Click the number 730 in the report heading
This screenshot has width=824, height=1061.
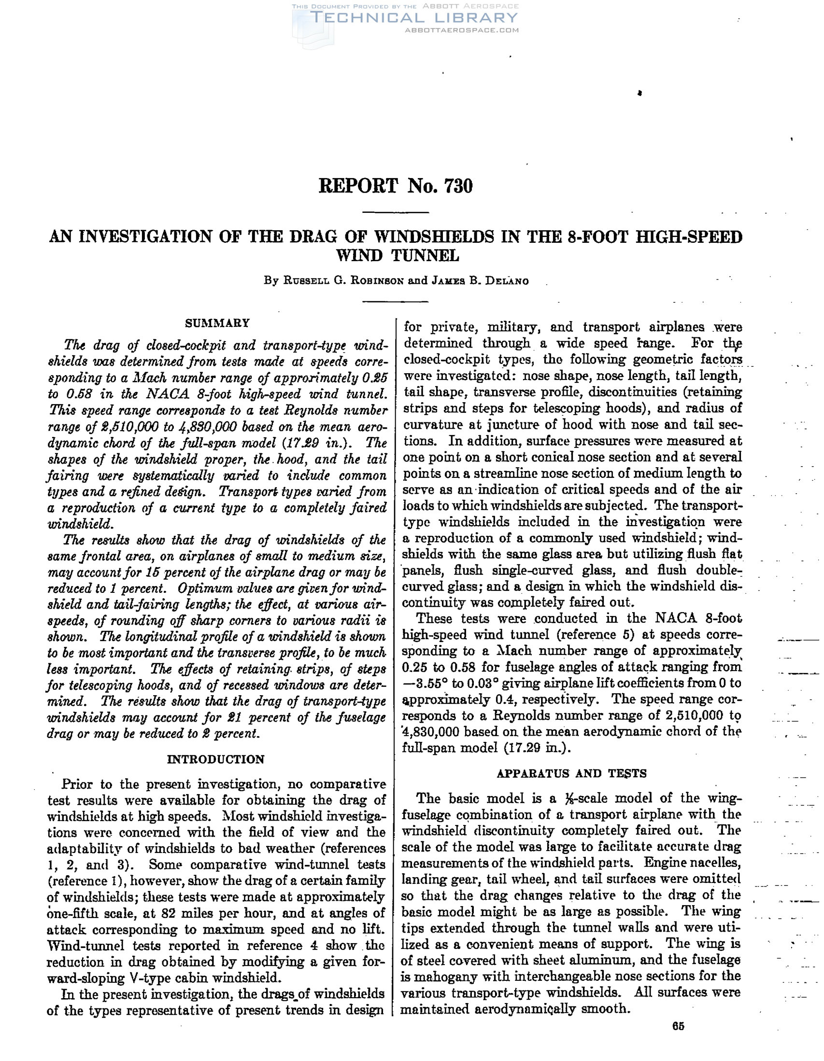[457, 186]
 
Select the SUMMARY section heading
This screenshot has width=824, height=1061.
[217, 323]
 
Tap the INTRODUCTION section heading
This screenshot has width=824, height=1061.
[216, 759]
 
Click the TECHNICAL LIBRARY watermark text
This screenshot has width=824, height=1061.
[414, 18]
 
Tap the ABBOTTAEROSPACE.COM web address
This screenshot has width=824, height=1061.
[461, 30]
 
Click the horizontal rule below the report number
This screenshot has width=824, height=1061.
[396, 213]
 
